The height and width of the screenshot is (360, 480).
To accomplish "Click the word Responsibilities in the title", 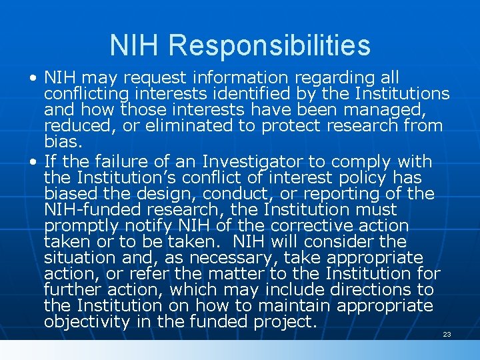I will coord(269,45).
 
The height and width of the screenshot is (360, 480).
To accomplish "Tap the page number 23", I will coord(447,334).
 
